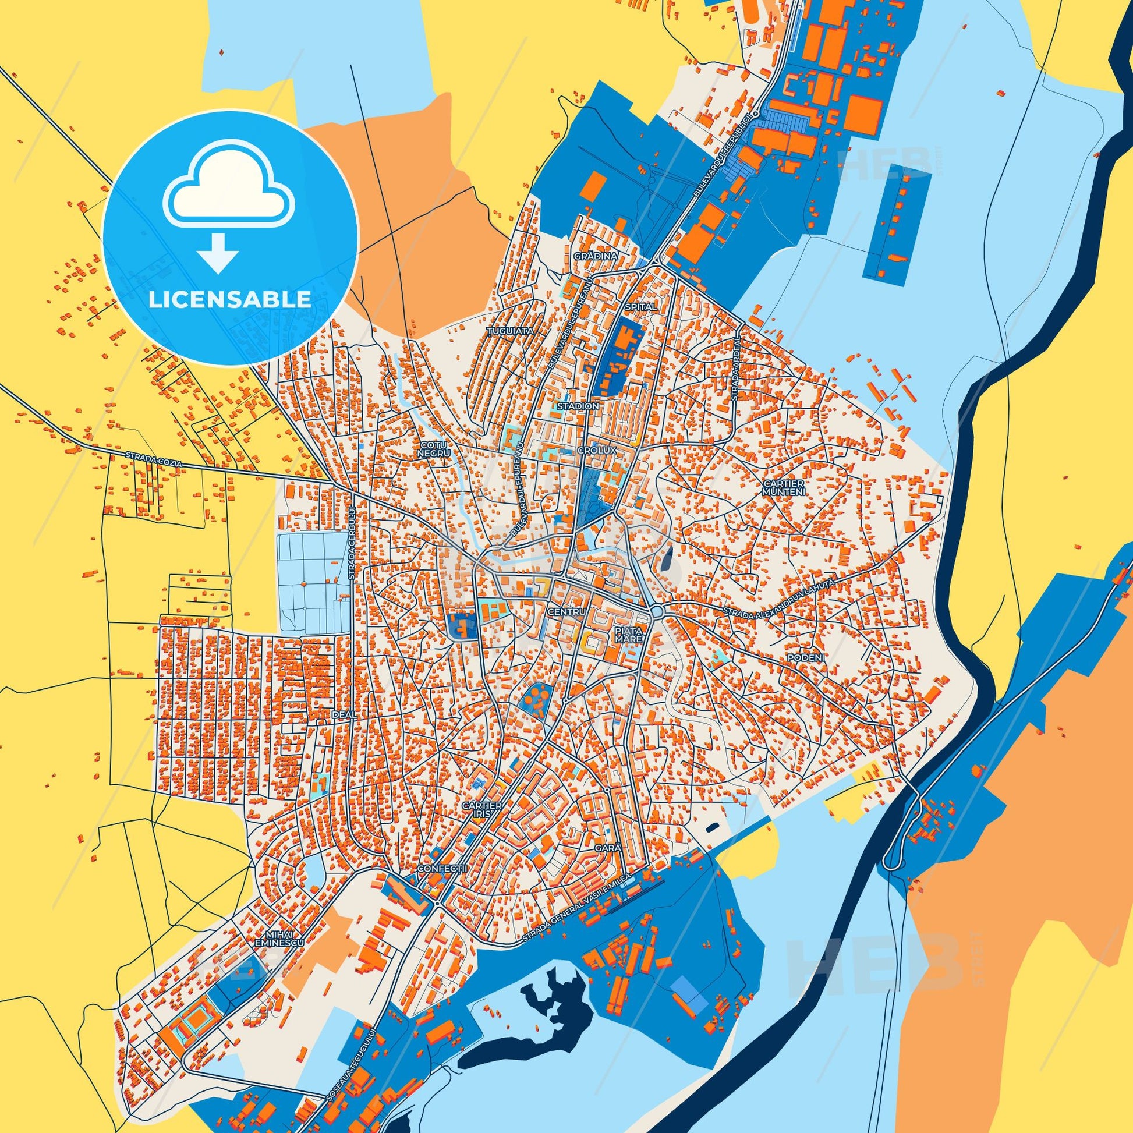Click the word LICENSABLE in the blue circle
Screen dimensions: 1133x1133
click(230, 300)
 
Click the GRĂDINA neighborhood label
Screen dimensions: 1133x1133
click(596, 257)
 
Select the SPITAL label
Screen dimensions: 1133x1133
click(640, 307)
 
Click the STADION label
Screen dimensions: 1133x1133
click(578, 406)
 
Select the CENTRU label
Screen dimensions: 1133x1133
click(566, 612)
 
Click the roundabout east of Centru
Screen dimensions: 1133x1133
click(656, 612)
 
